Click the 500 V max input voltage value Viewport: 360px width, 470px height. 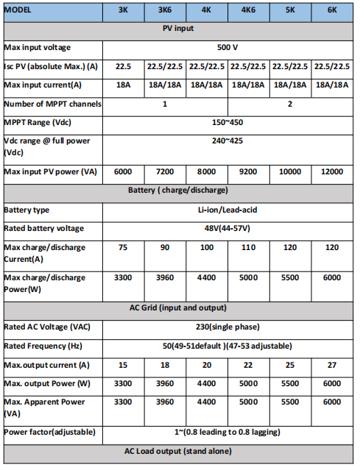[227, 47]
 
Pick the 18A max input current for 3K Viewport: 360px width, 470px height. [123, 85]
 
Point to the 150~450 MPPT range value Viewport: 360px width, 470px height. [227, 121]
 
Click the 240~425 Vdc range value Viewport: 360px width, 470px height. [227, 140]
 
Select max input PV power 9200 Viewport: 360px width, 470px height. [248, 171]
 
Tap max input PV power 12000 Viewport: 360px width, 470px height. [331, 171]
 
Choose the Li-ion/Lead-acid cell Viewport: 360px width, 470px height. [227, 210]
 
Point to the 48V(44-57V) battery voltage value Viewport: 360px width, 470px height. [227, 228]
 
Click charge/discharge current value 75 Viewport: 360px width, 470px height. [123, 247]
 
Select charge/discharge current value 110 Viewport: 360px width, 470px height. [248, 247]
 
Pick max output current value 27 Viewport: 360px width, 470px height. [331, 366]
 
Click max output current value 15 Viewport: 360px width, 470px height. [123, 366]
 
